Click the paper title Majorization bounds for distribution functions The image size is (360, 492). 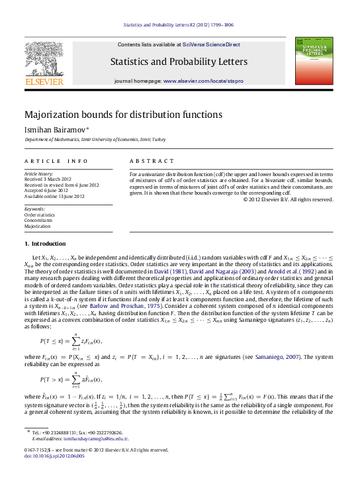(123, 115)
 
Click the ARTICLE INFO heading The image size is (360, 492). (56, 161)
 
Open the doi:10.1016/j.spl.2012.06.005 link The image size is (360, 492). (58, 456)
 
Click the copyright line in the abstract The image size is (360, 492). (289, 199)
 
